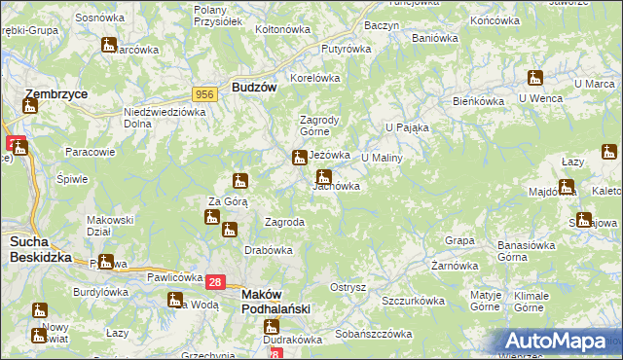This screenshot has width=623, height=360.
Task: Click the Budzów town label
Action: coord(255,87)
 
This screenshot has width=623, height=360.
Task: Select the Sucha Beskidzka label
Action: coord(36,247)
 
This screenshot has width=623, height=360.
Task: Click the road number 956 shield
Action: coord(204,93)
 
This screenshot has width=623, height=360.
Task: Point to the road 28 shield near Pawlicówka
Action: coord(216,281)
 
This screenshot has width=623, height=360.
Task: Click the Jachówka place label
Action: coord(337,186)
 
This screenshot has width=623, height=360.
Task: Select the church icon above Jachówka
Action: coord(324,176)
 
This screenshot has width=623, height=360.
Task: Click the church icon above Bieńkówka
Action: coord(534,78)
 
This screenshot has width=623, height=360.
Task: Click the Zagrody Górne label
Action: coord(317,126)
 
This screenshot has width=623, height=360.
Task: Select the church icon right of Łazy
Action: coord(609,151)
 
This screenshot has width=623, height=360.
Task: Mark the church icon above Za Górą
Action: coord(240,180)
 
